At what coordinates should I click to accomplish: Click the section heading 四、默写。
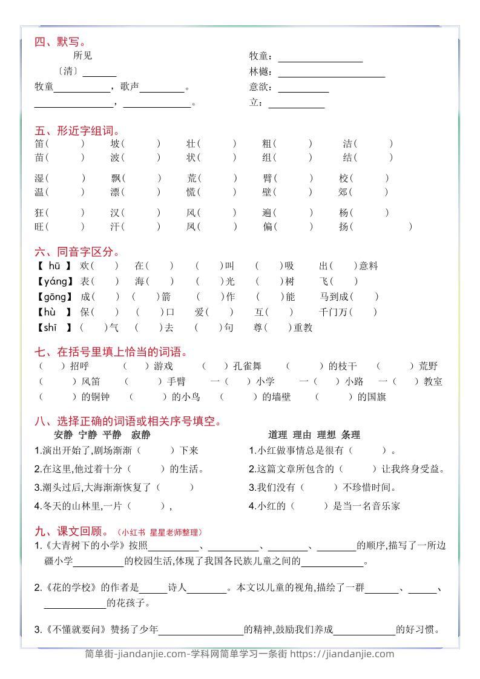tap(60, 42)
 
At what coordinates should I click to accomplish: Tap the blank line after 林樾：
tap(331, 73)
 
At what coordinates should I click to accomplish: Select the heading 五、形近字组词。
tap(77, 131)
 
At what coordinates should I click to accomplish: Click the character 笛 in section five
tap(40, 144)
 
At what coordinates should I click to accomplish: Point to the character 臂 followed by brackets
tap(268, 179)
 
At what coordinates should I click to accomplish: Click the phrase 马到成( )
tap(348, 297)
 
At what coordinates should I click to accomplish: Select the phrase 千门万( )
tap(347, 312)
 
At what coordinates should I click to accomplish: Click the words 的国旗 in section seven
tap(372, 397)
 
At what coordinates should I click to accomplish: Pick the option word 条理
tap(350, 435)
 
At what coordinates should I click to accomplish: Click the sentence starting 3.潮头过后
tap(114, 487)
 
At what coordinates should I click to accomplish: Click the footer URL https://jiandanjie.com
tap(341, 654)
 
